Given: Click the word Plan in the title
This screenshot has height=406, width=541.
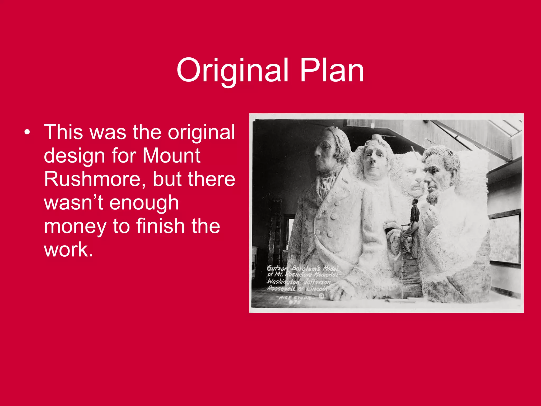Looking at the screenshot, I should [x=332, y=70].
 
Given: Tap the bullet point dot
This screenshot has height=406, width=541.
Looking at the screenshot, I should [x=27, y=132].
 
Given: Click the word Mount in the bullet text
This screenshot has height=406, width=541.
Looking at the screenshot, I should [x=171, y=155].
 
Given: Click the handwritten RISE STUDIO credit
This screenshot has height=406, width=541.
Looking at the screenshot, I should [x=293, y=298].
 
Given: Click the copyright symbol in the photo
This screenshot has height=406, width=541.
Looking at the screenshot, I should [x=321, y=296].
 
